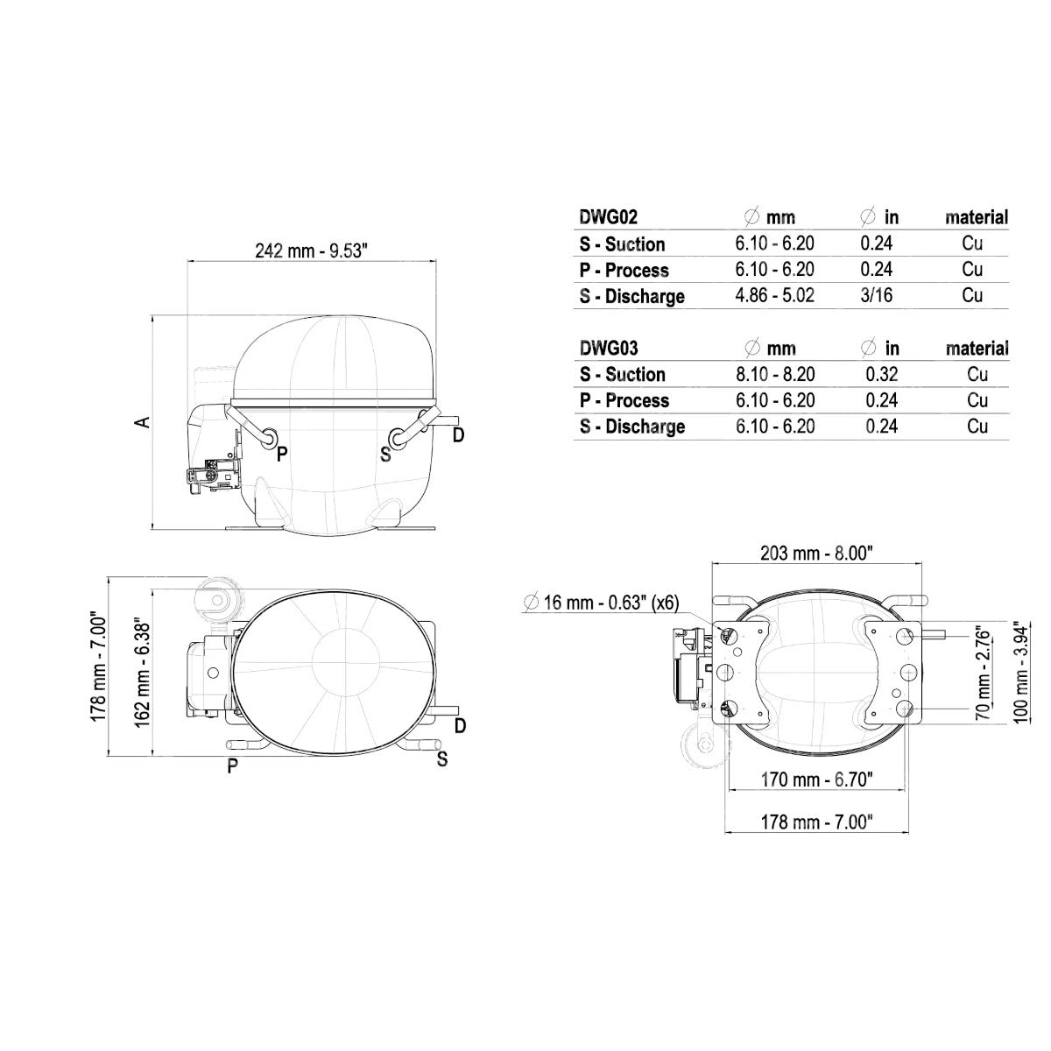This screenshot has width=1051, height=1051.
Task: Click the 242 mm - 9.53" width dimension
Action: click(312, 250)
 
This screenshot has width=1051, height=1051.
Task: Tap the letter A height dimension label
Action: click(143, 421)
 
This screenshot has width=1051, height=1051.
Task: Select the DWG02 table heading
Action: click(608, 217)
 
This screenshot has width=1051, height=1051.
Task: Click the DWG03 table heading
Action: click(609, 348)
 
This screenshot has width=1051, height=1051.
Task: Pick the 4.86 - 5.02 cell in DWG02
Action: click(774, 295)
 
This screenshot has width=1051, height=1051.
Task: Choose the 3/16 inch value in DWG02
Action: click(877, 295)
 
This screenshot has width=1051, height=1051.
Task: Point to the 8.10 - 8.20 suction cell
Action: click(775, 374)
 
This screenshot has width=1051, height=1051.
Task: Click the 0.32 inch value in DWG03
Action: click(882, 374)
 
